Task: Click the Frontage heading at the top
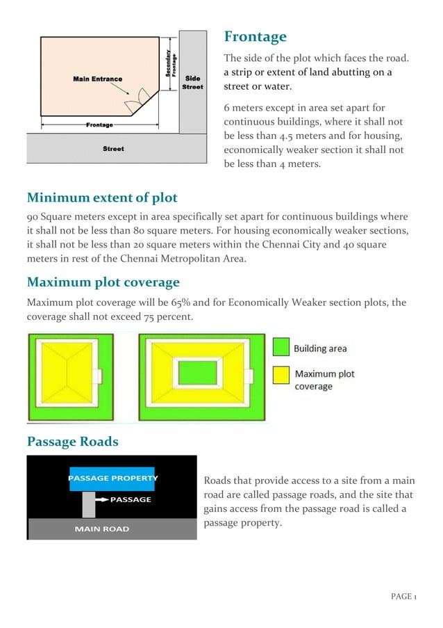coord(254,37)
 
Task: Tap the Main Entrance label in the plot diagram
coord(97,79)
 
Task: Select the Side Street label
coord(192,83)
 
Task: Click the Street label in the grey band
coord(113,148)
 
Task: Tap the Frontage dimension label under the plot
coord(99,125)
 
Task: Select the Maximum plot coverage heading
coord(103,282)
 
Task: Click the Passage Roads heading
coord(72,442)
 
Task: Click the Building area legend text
coord(319,348)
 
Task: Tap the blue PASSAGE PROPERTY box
coord(112,478)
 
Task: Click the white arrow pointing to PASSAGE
coord(101,499)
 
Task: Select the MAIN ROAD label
coord(101,529)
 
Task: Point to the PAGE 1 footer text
coord(403,597)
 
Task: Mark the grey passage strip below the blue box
coord(88,504)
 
